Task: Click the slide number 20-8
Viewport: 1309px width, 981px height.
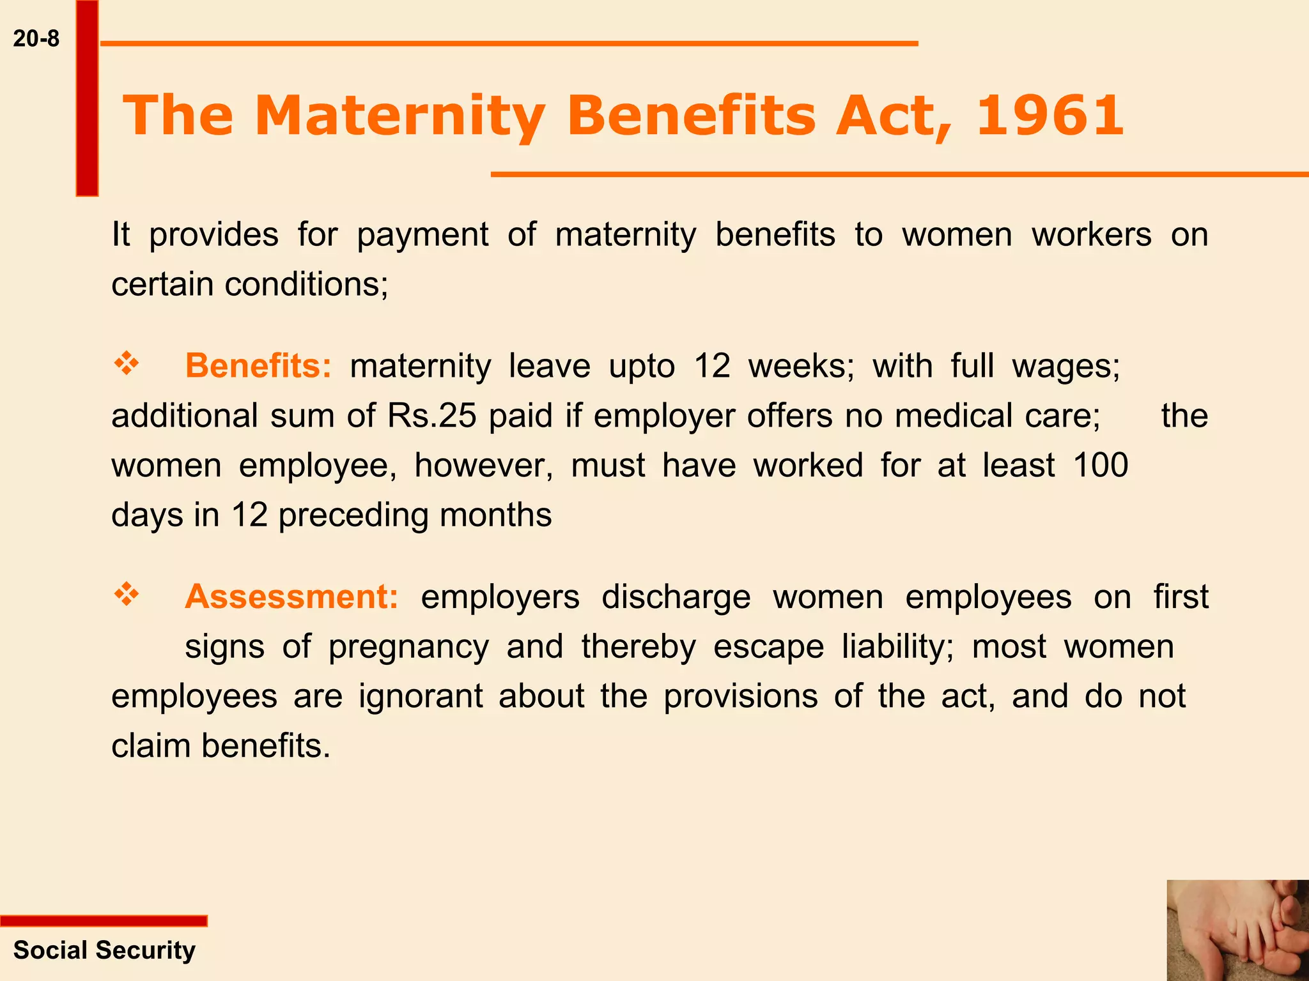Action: click(36, 39)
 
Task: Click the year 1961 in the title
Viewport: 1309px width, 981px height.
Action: click(1050, 116)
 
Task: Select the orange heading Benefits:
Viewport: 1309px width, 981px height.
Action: click(258, 366)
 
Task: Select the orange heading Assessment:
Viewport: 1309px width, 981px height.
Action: click(291, 597)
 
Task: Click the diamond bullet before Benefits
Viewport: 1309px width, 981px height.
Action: click(127, 364)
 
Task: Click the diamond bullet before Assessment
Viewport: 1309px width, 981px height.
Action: click(127, 595)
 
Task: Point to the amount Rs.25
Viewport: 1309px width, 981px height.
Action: click(431, 416)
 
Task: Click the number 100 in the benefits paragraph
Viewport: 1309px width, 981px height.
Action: click(1101, 465)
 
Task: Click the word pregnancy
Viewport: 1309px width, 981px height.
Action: click(408, 647)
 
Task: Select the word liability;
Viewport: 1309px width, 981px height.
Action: click(897, 646)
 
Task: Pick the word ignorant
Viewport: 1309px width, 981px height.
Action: click(420, 696)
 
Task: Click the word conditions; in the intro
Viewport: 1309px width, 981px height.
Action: click(306, 284)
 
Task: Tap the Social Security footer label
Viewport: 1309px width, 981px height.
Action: click(104, 950)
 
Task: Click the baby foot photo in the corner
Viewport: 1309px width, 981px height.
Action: click(1237, 930)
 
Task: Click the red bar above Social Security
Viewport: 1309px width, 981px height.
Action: click(104, 921)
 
